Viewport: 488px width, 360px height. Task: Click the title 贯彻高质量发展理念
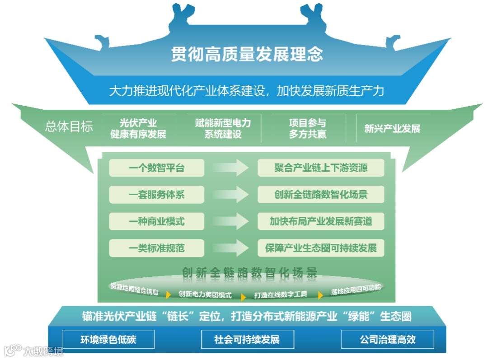[x=247, y=54]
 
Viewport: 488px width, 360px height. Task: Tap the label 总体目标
[x=69, y=126]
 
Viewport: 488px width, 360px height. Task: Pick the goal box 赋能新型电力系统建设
[x=223, y=128]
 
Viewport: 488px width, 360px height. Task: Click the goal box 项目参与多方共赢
[x=308, y=128]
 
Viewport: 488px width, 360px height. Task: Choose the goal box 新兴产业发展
[x=392, y=128]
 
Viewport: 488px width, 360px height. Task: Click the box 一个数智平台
[x=156, y=168]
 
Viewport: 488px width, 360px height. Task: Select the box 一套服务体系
[x=156, y=195]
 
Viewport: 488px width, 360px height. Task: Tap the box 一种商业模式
[x=156, y=221]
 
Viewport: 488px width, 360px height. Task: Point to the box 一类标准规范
[x=156, y=248]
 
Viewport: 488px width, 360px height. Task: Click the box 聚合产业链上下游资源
[x=321, y=168]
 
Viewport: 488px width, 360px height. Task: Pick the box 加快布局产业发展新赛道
[x=321, y=221]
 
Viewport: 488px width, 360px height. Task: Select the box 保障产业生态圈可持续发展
[x=321, y=248]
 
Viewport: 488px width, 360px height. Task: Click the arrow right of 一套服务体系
[x=231, y=195]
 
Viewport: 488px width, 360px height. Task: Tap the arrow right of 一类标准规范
[x=231, y=248]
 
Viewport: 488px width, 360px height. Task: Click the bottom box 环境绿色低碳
[x=108, y=339]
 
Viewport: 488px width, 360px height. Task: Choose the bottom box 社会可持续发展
[x=247, y=339]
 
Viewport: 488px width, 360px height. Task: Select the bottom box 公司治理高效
[x=387, y=339]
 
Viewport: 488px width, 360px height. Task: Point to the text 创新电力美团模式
[x=205, y=295]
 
